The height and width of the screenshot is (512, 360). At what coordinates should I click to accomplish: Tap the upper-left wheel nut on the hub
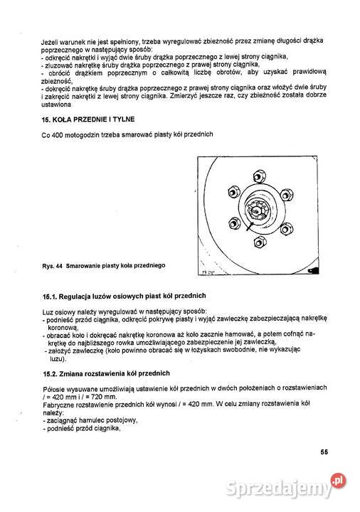click(x=232, y=192)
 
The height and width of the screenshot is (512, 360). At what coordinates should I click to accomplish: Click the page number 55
click(x=324, y=452)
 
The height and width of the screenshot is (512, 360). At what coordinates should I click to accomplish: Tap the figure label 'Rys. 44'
click(x=52, y=265)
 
